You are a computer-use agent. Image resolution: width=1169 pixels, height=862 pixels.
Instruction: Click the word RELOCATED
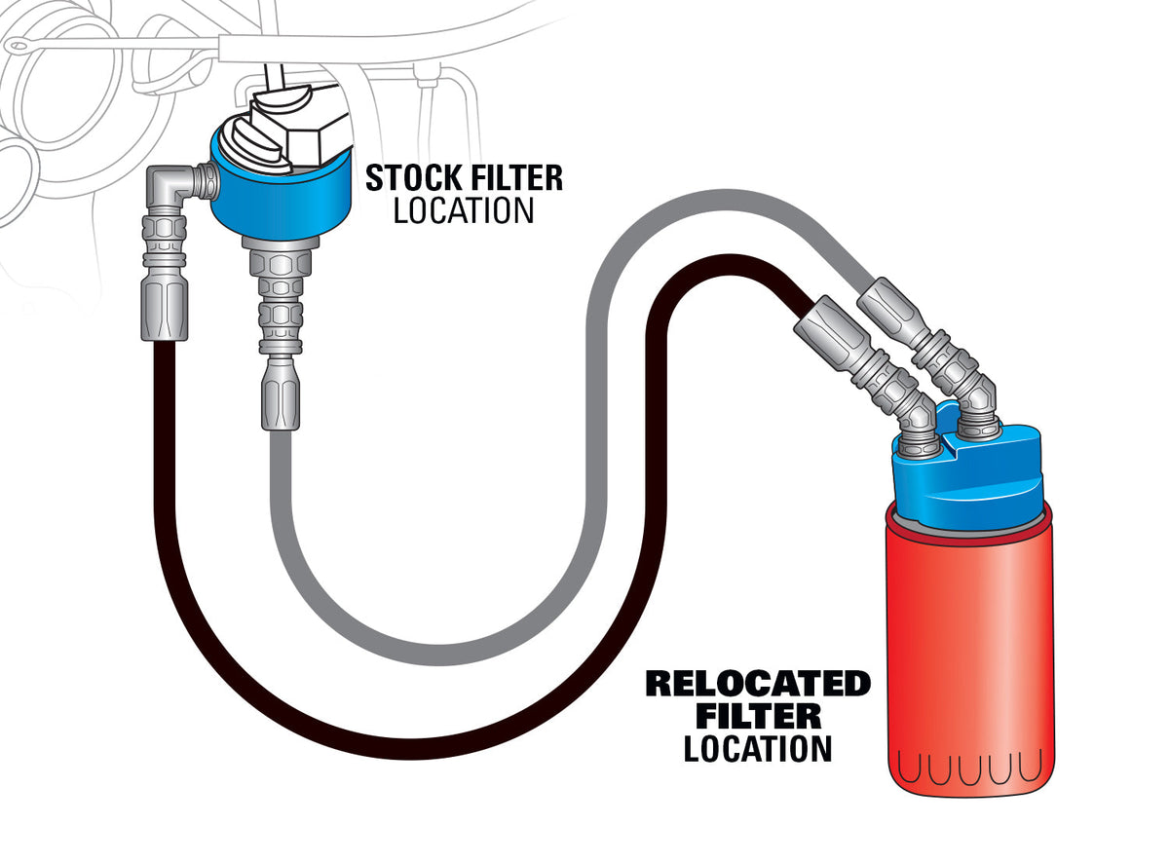[758, 684]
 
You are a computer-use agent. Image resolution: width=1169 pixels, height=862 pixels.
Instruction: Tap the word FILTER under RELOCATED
[758, 717]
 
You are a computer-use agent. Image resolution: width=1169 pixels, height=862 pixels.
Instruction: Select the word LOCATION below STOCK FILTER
[464, 210]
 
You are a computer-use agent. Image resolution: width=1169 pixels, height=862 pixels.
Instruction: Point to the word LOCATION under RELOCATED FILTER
[758, 749]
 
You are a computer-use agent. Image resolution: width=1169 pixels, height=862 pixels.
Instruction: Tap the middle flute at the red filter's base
[970, 768]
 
